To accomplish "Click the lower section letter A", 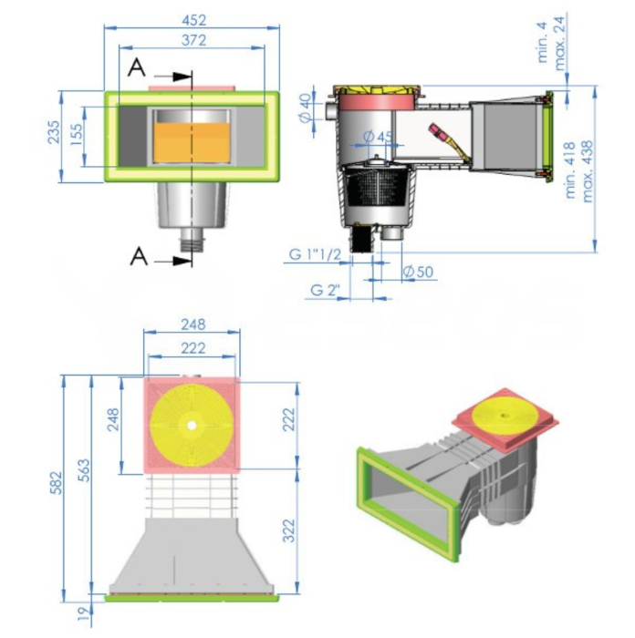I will [136, 257].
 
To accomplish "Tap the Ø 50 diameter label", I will [418, 272].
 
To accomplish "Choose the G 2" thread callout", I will [325, 290].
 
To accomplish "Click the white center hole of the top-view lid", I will [192, 426].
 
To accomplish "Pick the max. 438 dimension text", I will [588, 169].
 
